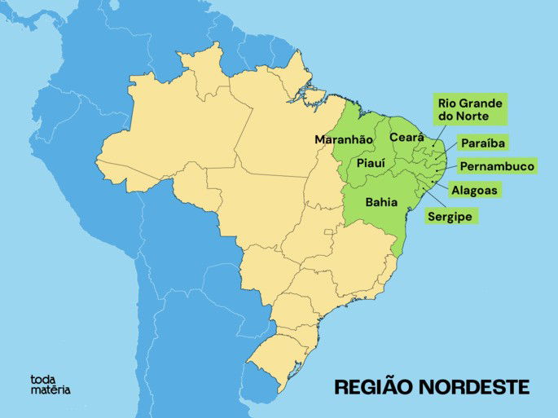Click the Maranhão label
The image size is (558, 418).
pyautogui.click(x=344, y=139)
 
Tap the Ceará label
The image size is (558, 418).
pyautogui.click(x=406, y=137)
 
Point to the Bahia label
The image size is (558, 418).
pyautogui.click(x=382, y=201)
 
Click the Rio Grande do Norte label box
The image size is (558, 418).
pyautogui.click(x=469, y=109)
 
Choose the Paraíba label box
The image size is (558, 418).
pyautogui.click(x=483, y=143)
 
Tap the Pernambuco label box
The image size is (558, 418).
pyautogui.click(x=497, y=166)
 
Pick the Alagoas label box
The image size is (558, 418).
pyautogui.click(x=475, y=190)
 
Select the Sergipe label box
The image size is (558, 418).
pyautogui.click(x=450, y=217)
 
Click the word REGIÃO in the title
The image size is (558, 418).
pyautogui.click(x=375, y=386)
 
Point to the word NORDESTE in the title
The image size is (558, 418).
pyautogui.click(x=475, y=386)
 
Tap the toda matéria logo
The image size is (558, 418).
pyautogui.click(x=50, y=384)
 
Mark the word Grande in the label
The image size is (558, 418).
pyautogui.click(x=481, y=103)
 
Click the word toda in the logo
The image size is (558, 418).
pyautogui.click(x=42, y=378)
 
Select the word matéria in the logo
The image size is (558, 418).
pyautogui.click(x=50, y=389)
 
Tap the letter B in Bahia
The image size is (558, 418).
pyautogui.click(x=370, y=201)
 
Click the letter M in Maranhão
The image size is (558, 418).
pyautogui.click(x=320, y=139)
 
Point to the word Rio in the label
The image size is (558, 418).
pyautogui.click(x=447, y=103)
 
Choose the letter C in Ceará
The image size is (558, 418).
pyautogui.click(x=393, y=137)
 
